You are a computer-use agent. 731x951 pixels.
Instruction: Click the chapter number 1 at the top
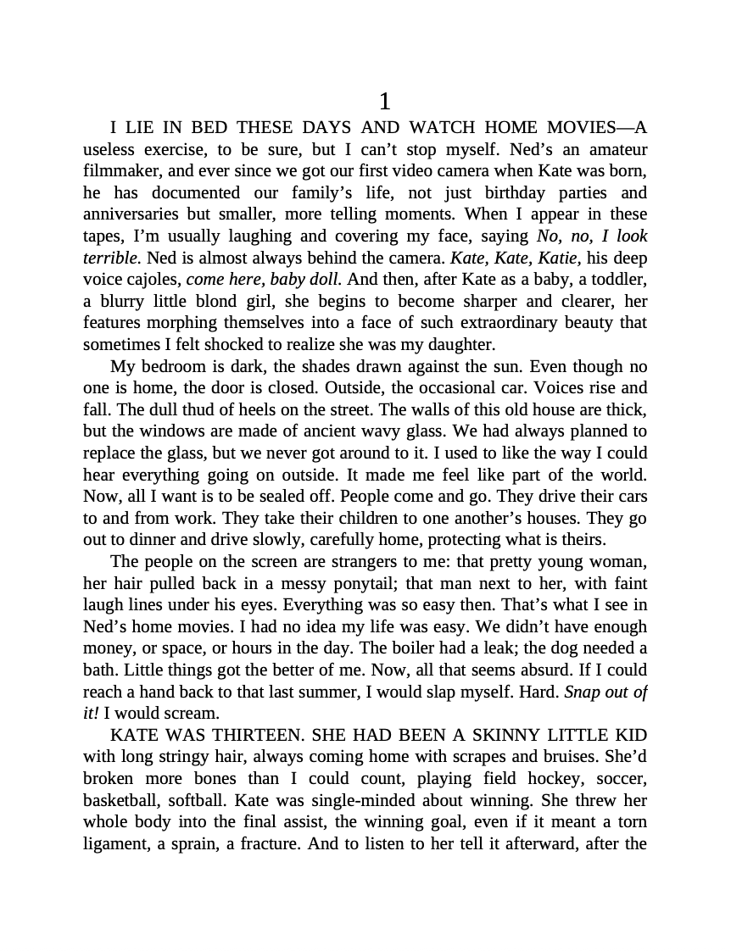point(384,103)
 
